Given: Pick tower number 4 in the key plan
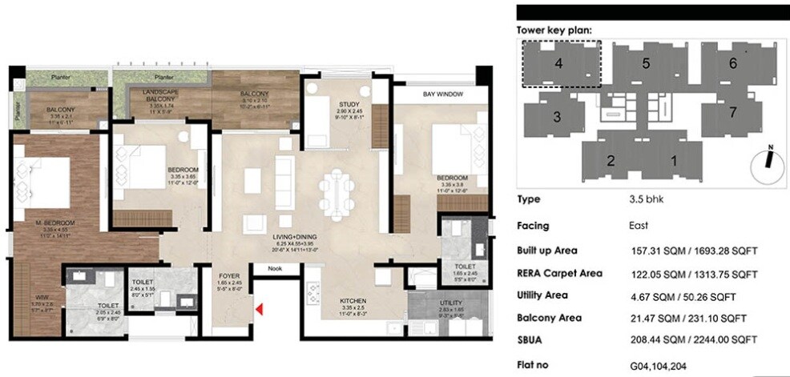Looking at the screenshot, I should click(558, 63).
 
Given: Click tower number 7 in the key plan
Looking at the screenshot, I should click(732, 112).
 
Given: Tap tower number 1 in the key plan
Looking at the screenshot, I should click(673, 160).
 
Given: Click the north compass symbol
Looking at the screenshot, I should click(768, 158).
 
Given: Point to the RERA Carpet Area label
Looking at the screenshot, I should click(560, 273).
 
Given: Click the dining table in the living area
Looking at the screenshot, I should click(336, 193).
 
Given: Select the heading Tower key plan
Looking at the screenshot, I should click(554, 30).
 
